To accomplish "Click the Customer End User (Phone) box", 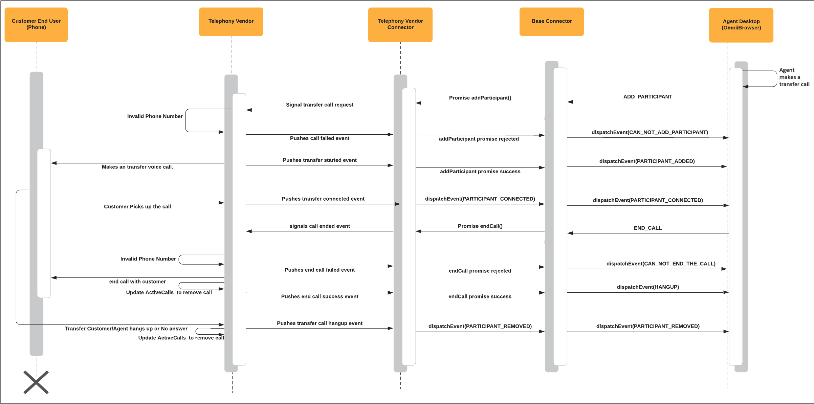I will point(36,24).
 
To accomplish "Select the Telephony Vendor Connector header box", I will point(400,24).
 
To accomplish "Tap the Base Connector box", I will point(551,21).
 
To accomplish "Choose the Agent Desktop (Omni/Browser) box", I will point(741,25).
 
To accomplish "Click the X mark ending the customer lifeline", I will point(36,382).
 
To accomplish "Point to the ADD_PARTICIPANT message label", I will point(647,97).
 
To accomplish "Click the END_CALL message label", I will point(647,228).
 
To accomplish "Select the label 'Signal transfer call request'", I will point(320,105).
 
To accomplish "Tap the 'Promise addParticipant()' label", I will point(480,98).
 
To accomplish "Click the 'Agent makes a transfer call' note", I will point(794,77).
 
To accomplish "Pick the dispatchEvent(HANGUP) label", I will point(648,287).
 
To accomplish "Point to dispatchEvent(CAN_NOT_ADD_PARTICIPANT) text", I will point(650,132).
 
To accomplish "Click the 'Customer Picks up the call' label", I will point(137,207).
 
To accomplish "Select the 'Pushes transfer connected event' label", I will point(323,199).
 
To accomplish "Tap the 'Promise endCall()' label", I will point(480,226).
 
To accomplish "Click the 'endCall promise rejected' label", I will point(480,271).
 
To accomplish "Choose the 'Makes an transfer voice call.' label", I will point(137,167).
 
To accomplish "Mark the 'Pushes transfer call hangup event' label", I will point(320,323).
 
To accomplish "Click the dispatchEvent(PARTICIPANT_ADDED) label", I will point(647,161).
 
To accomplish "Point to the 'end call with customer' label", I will point(137,282).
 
